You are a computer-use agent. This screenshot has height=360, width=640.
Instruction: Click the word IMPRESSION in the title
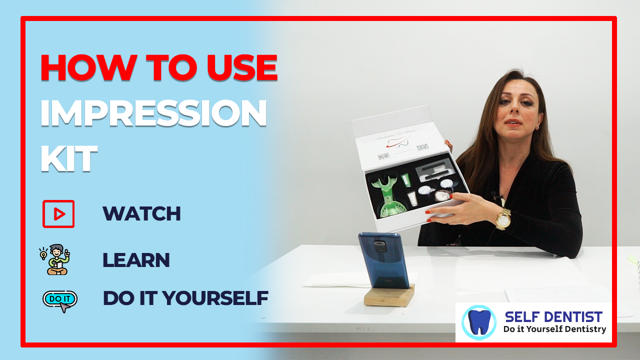click(x=153, y=113)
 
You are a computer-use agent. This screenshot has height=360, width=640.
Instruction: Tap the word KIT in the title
click(x=69, y=158)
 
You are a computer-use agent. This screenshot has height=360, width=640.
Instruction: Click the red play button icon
click(x=58, y=214)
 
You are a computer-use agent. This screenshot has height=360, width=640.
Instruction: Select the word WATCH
click(x=141, y=213)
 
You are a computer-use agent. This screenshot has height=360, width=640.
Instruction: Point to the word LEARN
click(x=136, y=260)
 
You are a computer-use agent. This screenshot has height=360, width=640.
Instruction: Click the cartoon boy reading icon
click(x=55, y=259)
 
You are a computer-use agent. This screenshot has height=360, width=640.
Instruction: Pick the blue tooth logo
click(x=479, y=322)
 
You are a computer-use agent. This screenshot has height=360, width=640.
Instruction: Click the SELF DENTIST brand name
click(x=553, y=317)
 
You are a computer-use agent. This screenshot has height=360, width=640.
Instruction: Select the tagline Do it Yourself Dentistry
click(x=554, y=329)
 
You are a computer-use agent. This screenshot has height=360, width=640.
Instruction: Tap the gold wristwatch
click(x=503, y=219)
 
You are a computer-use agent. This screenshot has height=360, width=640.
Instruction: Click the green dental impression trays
click(x=387, y=194)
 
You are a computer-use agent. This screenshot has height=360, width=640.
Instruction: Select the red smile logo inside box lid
click(x=398, y=141)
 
